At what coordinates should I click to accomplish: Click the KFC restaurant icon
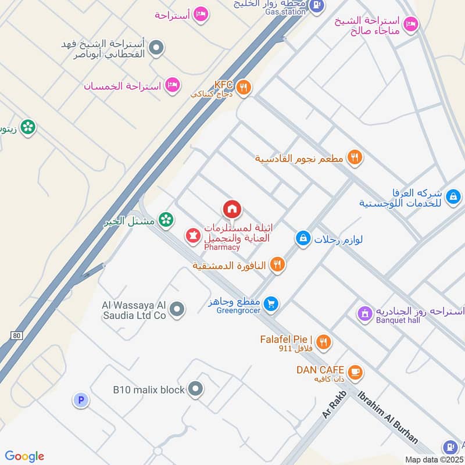coord(245,88)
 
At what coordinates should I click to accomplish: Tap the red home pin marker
coord(231,209)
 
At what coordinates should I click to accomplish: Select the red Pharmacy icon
coord(192,236)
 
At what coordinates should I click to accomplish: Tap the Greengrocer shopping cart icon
coord(270,303)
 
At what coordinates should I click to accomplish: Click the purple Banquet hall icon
coord(364,313)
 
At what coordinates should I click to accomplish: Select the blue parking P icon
coord(80,400)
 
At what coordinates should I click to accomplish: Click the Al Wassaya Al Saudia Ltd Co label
coord(134,310)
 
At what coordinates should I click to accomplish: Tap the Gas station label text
coord(285,12)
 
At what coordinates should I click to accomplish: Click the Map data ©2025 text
coord(434,459)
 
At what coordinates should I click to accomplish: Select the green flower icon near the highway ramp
coord(166,219)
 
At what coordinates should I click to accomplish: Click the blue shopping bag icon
coord(302,238)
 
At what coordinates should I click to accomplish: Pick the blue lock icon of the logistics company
coord(454,197)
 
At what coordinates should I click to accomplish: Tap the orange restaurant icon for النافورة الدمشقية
coord(278,265)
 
